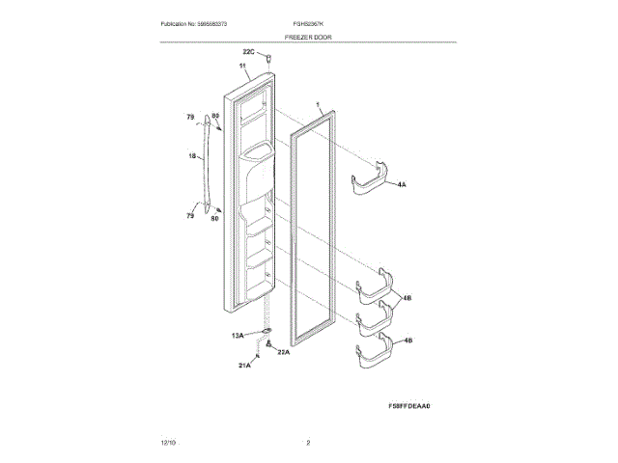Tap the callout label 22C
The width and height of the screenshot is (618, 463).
[248, 52]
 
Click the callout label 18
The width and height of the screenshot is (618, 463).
[191, 155]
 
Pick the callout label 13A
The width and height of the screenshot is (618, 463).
[238, 335]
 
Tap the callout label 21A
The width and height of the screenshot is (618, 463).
[245, 366]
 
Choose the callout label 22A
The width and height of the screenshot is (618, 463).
[283, 352]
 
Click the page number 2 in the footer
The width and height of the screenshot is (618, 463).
[308, 443]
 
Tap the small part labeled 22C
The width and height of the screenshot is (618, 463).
[268, 60]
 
